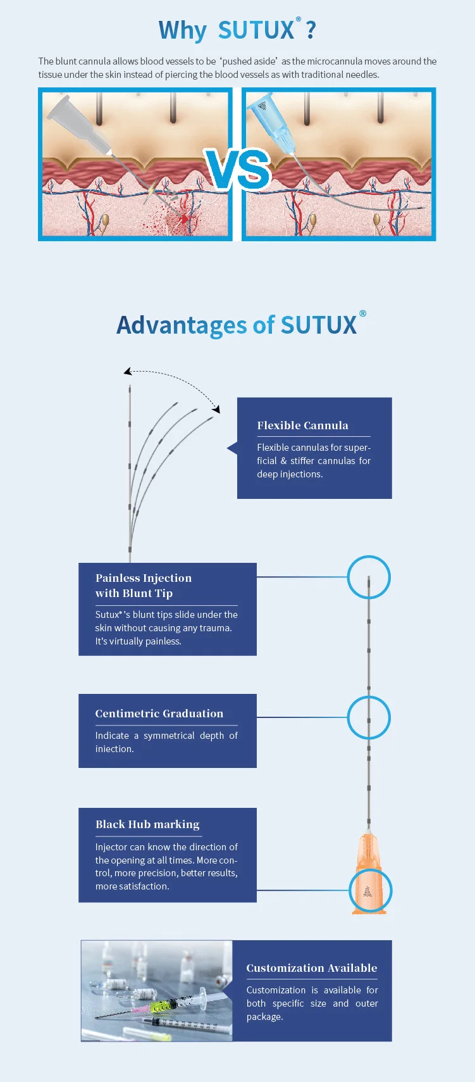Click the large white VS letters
[238, 169]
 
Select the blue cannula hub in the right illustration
[268, 120]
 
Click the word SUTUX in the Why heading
[256, 30]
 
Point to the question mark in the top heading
[311, 30]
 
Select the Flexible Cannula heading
[302, 425]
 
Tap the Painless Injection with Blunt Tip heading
[144, 585]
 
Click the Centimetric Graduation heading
[159, 714]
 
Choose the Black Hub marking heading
[147, 824]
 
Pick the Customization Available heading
[311, 968]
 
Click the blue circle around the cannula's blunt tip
[369, 577]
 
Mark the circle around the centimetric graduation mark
[369, 717]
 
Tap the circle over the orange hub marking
[371, 890]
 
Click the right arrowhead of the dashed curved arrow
[216, 409]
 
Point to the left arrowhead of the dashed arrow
[127, 372]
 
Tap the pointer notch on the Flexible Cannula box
[231, 448]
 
